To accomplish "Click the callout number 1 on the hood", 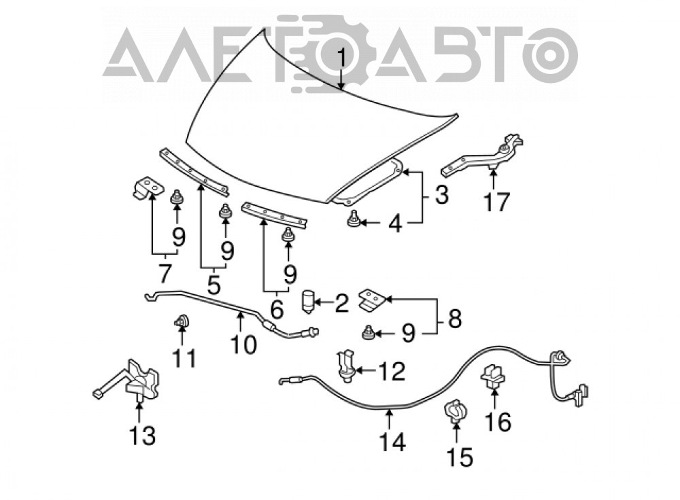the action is tap(342, 58).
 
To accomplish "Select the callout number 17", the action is tap(496, 201).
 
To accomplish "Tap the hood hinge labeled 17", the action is tap(483, 156).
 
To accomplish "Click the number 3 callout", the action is tap(441, 194).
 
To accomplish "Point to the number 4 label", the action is tap(394, 224).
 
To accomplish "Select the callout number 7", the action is tap(165, 273).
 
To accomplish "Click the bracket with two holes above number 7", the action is tap(148, 187).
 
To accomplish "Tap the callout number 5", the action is tap(214, 284).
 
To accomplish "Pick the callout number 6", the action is tap(276, 309).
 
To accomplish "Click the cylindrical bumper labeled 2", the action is tap(307, 302).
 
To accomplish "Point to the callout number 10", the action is tap(243, 344).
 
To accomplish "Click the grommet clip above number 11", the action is tap(182, 321).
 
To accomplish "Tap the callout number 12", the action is tap(392, 372).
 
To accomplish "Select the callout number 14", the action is tap(392, 442).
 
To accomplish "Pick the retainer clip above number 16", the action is tap(493, 376).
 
